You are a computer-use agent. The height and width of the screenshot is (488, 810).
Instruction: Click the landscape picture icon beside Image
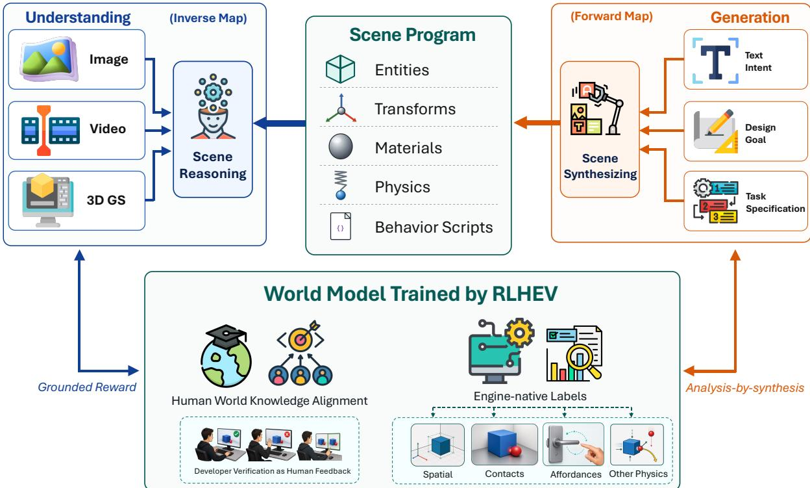point(49,58)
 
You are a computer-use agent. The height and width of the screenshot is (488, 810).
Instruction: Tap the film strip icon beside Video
point(50,131)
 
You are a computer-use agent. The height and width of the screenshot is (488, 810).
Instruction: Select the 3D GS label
point(106,200)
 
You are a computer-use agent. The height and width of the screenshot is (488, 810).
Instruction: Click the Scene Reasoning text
point(213,165)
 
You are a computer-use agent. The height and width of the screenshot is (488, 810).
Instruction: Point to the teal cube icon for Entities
point(340,69)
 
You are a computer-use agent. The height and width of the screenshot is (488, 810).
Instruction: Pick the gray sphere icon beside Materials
point(341,146)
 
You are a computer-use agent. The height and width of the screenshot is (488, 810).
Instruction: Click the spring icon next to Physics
point(341,185)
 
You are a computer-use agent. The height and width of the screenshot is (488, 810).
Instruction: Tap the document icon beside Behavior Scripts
point(340,226)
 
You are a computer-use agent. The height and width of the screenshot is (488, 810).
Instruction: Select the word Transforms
point(415,109)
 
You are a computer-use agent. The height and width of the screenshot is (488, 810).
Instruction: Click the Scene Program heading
point(412,34)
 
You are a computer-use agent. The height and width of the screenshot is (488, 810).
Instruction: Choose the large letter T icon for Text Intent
point(715,60)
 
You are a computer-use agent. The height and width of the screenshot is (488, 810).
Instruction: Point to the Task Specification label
point(776,202)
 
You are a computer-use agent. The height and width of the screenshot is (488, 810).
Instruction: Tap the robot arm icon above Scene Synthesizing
point(597,109)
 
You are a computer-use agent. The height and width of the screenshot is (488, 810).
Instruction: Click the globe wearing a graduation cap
point(226,356)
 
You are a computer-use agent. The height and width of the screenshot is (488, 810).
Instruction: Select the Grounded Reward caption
point(87,387)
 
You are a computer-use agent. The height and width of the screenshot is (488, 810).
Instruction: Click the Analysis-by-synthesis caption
point(744,388)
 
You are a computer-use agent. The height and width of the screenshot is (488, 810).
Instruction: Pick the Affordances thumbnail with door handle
point(574,444)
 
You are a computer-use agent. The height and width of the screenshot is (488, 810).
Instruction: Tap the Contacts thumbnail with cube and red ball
point(504,444)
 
